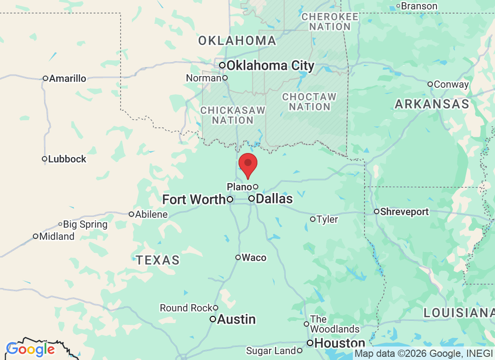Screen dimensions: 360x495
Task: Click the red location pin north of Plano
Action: click(247, 165)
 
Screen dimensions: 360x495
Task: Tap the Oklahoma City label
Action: click(270, 66)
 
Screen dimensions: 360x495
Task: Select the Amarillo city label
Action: click(67, 79)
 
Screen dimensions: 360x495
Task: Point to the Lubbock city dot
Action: click(45, 159)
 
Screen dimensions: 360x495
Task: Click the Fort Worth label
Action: click(194, 199)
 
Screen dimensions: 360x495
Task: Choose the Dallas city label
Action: click(274, 198)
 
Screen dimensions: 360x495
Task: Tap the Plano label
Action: click(239, 187)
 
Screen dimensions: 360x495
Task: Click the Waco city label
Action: click(254, 258)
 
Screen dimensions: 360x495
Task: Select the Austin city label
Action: click(236, 319)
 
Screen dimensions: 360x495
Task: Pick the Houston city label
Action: click(339, 343)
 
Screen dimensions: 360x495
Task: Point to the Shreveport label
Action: click(404, 211)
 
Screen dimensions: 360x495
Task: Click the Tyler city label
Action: click(327, 220)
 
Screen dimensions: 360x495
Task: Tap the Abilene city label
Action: click(151, 214)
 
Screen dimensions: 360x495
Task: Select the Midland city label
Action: click(57, 236)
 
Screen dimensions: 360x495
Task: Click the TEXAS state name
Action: click(158, 260)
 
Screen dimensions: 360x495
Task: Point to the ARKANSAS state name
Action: click(432, 104)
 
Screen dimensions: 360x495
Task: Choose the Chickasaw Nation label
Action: click(233, 115)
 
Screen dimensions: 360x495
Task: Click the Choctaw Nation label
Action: click(309, 102)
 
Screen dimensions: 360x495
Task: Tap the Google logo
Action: click(31, 349)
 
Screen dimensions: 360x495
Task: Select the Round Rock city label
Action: click(186, 308)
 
